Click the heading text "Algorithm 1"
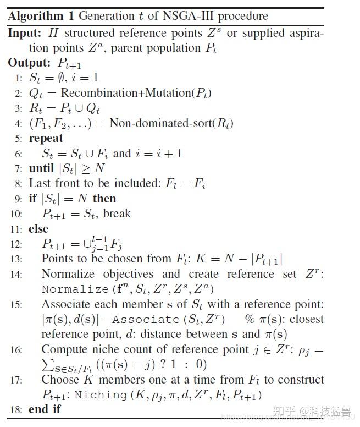(x=40, y=15)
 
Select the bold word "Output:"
(x=31, y=63)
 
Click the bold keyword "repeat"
(x=46, y=138)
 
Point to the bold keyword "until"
(x=42, y=168)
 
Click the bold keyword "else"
(x=38, y=228)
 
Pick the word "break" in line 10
(x=117, y=213)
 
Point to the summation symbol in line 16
(x=48, y=364)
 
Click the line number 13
(x=16, y=259)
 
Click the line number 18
(x=16, y=409)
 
